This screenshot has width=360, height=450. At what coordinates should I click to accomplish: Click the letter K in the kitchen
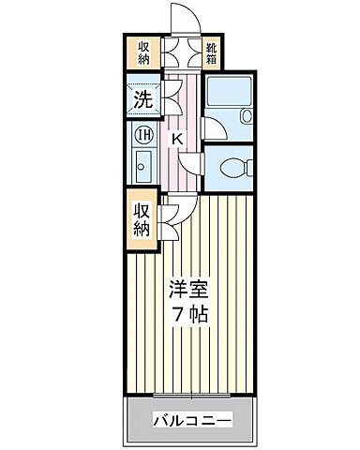(176, 140)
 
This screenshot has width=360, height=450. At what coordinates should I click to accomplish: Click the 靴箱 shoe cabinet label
(213, 52)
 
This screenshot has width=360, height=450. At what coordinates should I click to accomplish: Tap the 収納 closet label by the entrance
(144, 52)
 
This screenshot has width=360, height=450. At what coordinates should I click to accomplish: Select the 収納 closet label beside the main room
(142, 217)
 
